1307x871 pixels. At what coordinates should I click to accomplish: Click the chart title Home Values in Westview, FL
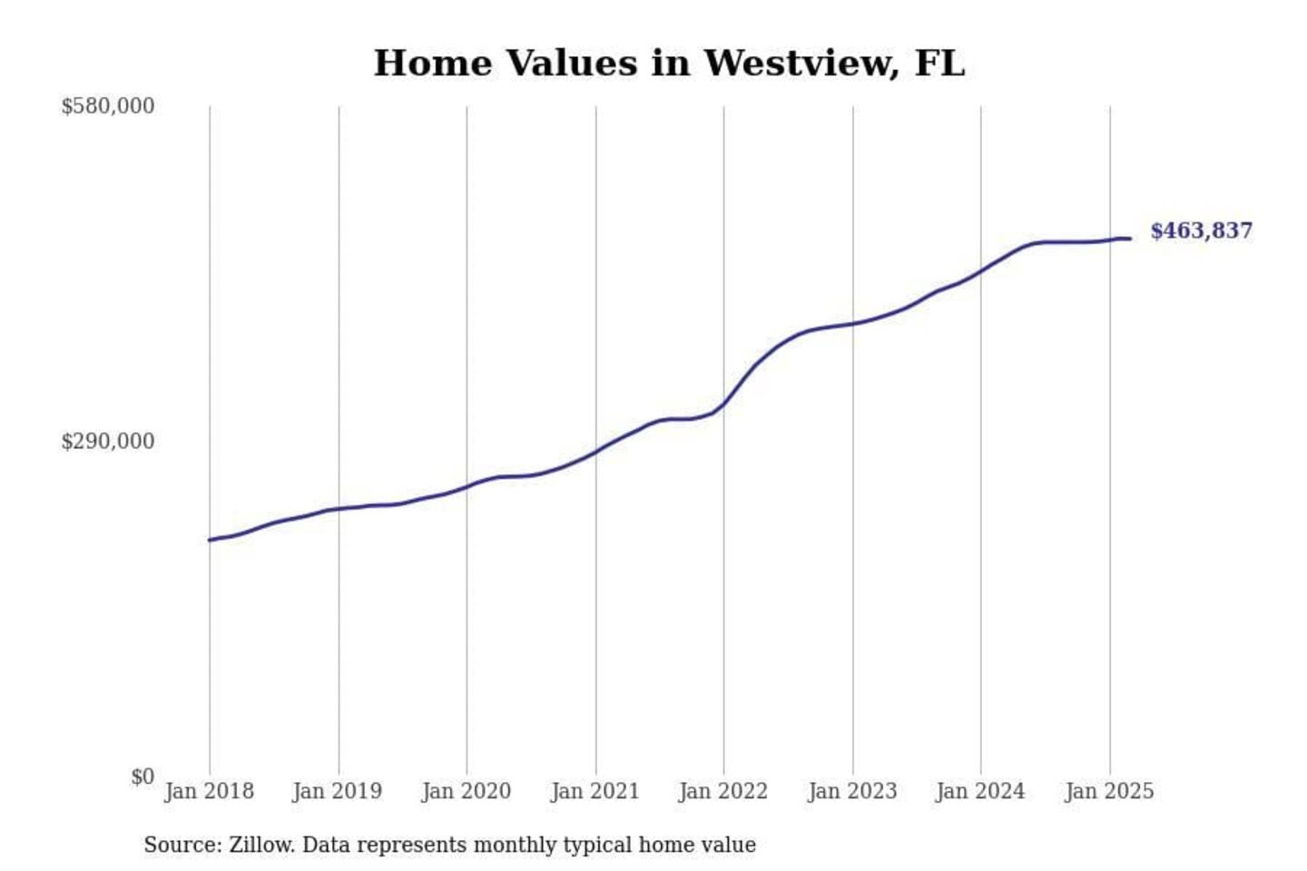(669, 64)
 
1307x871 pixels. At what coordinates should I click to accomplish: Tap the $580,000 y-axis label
(107, 106)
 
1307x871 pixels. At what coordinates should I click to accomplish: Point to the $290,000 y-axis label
(107, 442)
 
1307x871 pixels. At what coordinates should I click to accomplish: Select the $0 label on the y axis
(142, 777)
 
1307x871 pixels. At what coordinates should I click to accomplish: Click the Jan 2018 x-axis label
(209, 791)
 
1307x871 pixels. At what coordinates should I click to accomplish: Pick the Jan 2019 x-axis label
(337, 791)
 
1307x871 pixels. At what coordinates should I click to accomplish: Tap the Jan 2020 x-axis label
(466, 791)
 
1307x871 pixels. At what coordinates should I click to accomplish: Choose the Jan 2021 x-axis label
(595, 791)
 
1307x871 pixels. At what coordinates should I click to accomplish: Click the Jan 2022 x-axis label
(722, 791)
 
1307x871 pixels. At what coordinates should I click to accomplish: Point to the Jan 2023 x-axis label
(851, 791)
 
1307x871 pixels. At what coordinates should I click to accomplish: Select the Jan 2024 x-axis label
(979, 791)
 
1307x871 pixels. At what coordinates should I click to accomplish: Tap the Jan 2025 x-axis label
(1108, 791)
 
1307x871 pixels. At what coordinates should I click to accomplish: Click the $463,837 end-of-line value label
(1201, 231)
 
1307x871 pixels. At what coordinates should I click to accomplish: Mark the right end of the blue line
(1130, 239)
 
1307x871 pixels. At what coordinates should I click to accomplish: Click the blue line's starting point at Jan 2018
(210, 540)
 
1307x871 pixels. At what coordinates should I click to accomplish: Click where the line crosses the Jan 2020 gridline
(467, 487)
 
